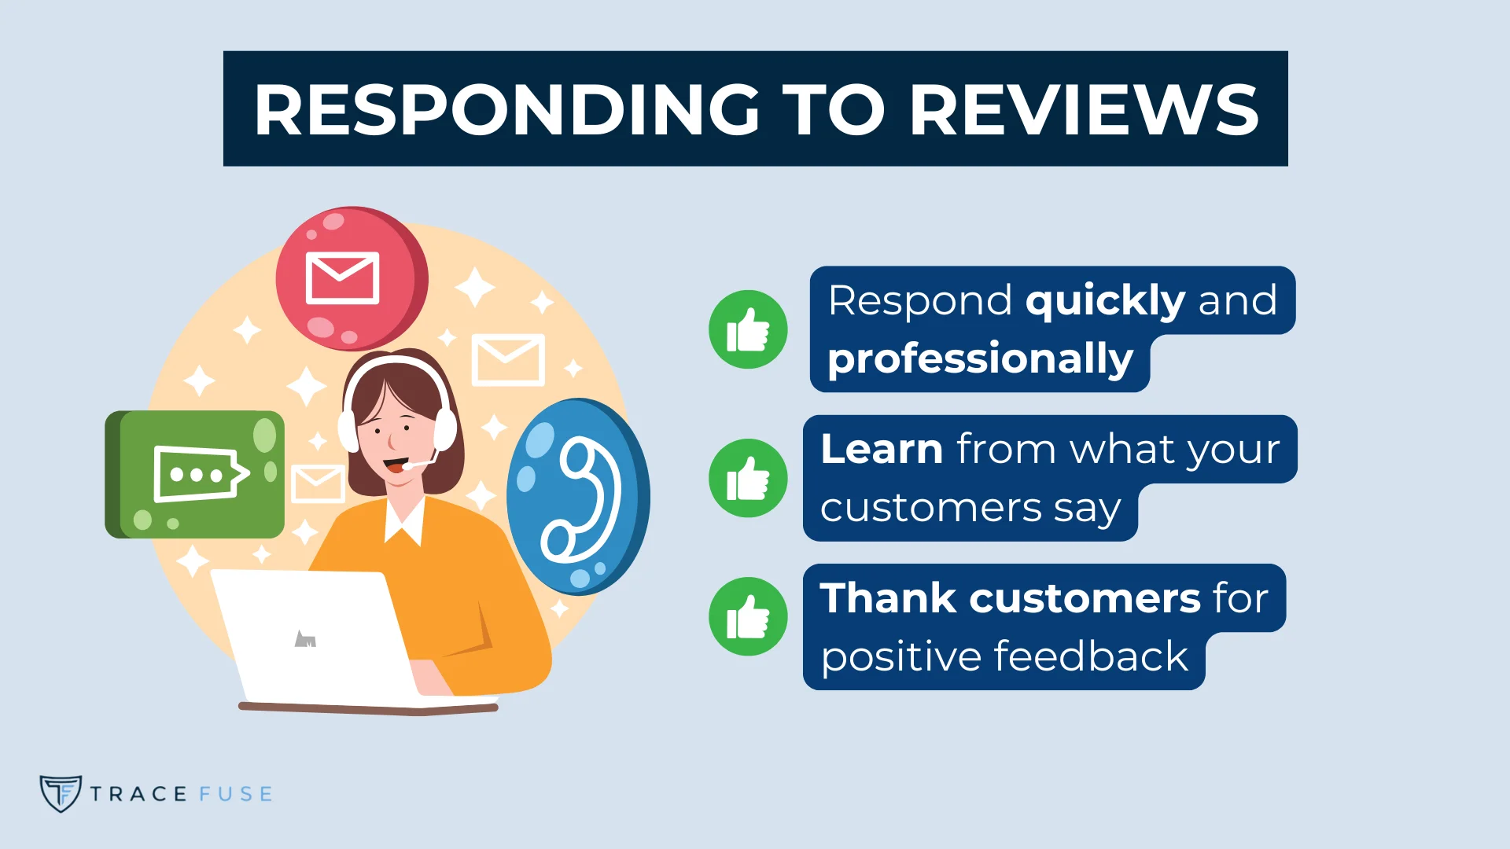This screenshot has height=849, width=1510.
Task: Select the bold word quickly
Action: coord(1105,300)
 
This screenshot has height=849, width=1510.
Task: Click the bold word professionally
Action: coord(980,359)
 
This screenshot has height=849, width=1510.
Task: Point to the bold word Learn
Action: coord(882,449)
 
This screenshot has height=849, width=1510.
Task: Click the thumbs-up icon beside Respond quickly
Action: coord(748,329)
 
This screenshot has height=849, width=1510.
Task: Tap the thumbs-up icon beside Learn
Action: coord(748,478)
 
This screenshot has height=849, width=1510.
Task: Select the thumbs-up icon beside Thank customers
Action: coord(748,617)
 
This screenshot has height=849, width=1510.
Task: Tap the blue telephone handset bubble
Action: coord(578,497)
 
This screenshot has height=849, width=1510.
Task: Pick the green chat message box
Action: coord(195,474)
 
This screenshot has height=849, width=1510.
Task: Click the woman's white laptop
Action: coord(315,637)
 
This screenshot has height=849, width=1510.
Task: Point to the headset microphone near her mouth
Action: coord(409,466)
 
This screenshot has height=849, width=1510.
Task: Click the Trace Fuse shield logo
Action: coord(61,793)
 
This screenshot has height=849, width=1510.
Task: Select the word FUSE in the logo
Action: coord(236,794)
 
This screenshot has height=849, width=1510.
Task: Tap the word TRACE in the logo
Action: coord(138,794)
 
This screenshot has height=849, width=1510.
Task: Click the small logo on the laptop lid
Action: coord(305,639)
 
